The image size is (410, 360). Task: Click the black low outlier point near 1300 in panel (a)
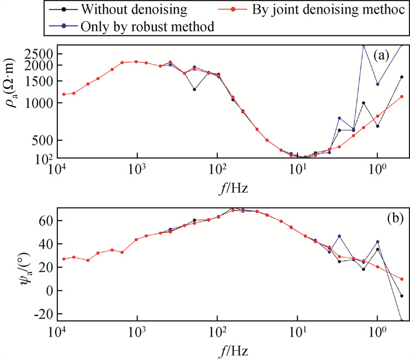point(194,89)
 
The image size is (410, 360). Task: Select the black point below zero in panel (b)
point(402,296)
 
